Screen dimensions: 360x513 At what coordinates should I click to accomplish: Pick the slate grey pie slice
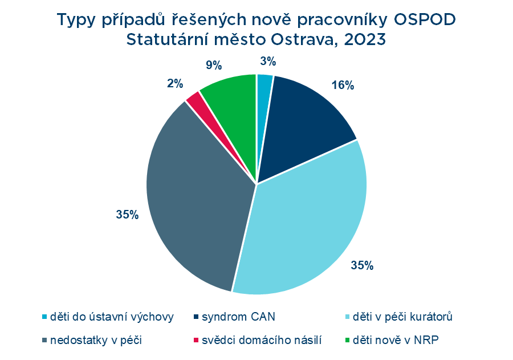pyautogui.click(x=199, y=200)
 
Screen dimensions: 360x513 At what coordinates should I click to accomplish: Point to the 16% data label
pyautogui.click(x=343, y=86)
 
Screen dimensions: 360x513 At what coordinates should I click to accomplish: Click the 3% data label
pyautogui.click(x=268, y=62)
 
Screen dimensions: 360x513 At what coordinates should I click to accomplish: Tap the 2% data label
pyautogui.click(x=175, y=84)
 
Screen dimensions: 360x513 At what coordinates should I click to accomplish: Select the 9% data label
pyautogui.click(x=214, y=66)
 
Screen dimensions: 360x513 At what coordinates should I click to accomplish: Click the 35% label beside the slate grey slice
pyautogui.click(x=127, y=215)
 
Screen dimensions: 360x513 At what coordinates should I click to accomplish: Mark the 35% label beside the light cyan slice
pyautogui.click(x=362, y=265)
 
